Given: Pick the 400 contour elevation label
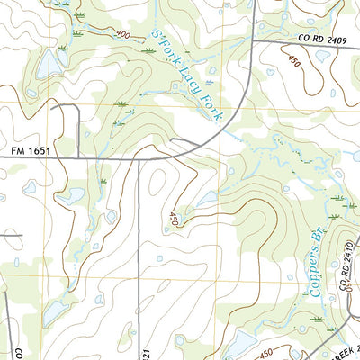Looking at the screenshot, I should coord(122,34).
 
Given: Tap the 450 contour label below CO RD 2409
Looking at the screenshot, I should coord(292,64).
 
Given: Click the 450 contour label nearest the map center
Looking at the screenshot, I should coord(173,219).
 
